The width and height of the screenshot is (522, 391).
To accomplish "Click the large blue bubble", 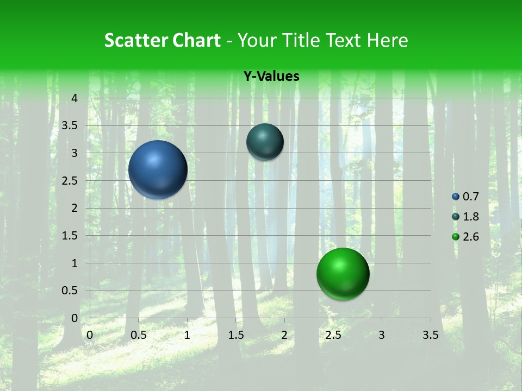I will tap(158, 169).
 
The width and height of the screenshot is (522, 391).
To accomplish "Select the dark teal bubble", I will tap(265, 142).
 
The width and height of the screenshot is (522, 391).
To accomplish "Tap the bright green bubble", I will tap(343, 274).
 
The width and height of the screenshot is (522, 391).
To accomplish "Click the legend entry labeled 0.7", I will tap(466, 197).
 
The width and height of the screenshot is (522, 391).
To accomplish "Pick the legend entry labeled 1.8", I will tap(466, 217).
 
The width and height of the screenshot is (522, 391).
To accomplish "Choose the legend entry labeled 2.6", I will tap(466, 237).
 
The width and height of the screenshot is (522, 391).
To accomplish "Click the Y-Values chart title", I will tap(271, 77).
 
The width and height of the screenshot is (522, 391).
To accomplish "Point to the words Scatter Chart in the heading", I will tap(162, 40).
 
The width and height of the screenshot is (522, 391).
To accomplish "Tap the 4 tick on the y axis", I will tap(74, 98).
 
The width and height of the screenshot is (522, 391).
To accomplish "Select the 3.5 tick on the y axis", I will tap(70, 126).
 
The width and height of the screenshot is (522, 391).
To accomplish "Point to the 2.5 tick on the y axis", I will tap(70, 181).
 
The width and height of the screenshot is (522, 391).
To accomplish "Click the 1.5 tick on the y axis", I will tap(70, 236).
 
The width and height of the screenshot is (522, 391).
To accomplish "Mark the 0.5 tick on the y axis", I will tap(70, 291).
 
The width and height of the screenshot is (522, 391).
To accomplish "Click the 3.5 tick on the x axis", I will tap(430, 335).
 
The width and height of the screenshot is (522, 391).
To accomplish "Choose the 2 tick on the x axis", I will tap(284, 335).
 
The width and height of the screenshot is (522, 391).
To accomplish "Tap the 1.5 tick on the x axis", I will tap(235, 335).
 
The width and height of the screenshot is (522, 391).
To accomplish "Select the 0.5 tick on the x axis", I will tap(138, 335).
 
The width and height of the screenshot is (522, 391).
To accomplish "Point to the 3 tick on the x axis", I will tap(382, 335).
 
